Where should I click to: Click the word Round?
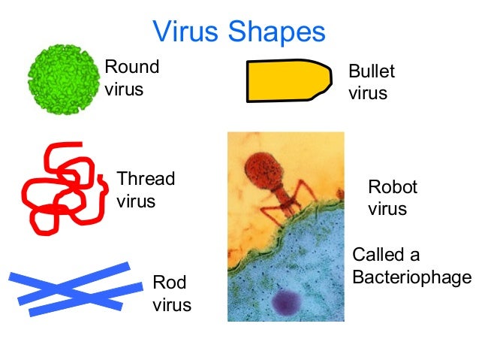tap(132, 67)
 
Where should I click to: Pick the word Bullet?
tap(371, 73)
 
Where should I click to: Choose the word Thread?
tap(146, 180)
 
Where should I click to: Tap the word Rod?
tap(169, 283)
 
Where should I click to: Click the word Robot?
tap(392, 187)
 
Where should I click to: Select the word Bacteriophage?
tap(411, 277)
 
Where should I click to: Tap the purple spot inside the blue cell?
tap(288, 304)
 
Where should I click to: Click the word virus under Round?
tap(124, 90)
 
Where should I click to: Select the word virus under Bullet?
tap(368, 94)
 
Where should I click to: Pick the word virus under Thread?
tap(136, 201)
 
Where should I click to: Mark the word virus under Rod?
tap(172, 304)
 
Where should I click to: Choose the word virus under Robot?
tap(387, 209)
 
